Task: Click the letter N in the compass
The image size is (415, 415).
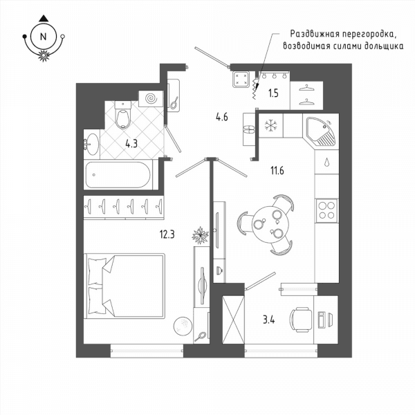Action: point(43,37)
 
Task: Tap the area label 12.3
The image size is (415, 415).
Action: point(167,234)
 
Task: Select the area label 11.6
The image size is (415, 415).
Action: point(277,171)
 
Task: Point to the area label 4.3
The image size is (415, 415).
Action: point(131,144)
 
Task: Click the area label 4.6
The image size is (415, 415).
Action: point(222,116)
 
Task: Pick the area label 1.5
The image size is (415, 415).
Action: point(273,93)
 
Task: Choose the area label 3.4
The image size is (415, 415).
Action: point(268,320)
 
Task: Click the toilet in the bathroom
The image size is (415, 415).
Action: point(123,115)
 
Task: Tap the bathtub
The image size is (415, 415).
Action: point(118,175)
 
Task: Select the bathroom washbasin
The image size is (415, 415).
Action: point(91,145)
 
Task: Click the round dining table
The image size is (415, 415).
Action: point(270,224)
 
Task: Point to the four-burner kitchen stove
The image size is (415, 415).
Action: point(327,211)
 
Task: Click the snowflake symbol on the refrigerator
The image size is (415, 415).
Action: point(270,125)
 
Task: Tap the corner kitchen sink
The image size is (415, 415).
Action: point(321,131)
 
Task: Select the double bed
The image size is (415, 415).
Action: point(124,286)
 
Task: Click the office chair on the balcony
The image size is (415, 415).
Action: point(301,320)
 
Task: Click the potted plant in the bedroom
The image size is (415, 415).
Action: point(201,235)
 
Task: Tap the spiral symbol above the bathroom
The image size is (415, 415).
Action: point(152,99)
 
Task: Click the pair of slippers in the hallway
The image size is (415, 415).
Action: point(249,129)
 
